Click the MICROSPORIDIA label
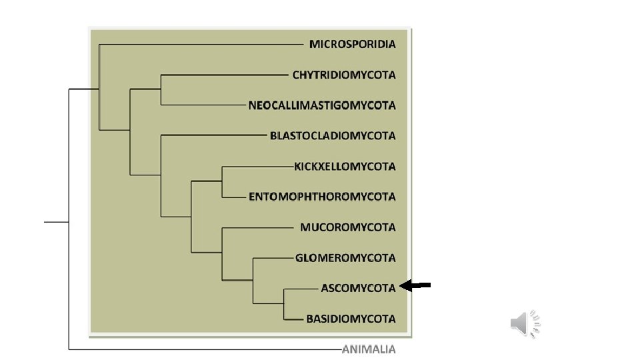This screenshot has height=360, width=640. (x=352, y=44)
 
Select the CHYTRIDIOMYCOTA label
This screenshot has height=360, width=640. (x=344, y=75)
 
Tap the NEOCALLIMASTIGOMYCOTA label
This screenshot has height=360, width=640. (x=322, y=105)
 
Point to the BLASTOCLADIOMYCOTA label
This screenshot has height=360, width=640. (x=333, y=136)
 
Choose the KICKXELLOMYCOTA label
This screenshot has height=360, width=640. (x=345, y=166)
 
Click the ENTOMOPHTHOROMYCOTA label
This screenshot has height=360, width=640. (x=322, y=197)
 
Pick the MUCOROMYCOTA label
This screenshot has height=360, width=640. (x=347, y=227)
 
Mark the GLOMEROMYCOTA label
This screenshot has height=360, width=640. (x=345, y=258)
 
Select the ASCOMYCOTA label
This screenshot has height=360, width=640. (x=358, y=288)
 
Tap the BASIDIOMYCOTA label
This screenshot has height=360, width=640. (x=351, y=319)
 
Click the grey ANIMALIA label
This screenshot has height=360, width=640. (x=369, y=349)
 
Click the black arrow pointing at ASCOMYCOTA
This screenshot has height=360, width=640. (x=416, y=286)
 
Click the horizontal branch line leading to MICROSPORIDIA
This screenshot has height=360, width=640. (x=200, y=45)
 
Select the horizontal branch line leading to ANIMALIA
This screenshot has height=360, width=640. (x=200, y=349)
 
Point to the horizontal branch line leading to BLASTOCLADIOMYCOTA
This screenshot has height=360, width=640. (x=213, y=135)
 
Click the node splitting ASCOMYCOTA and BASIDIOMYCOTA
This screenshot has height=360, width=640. (x=284, y=303)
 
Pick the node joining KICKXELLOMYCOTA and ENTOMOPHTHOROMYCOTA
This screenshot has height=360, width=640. (x=222, y=181)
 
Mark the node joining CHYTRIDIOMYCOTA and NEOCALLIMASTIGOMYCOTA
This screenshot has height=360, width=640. (x=161, y=90)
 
